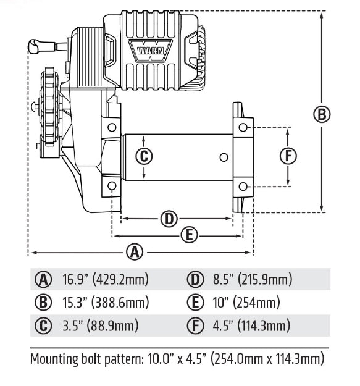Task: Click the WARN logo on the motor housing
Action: (x=143, y=48)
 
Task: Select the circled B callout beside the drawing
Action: (x=322, y=114)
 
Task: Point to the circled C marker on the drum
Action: (x=143, y=156)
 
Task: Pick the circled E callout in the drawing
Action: (x=190, y=234)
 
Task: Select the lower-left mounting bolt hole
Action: (x=111, y=186)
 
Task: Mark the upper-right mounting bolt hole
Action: (x=244, y=127)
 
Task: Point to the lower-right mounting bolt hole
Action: (x=244, y=186)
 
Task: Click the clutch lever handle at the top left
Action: (x=35, y=44)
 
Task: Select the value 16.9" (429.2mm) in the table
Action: (x=106, y=280)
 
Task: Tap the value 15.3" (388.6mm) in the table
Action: (x=106, y=303)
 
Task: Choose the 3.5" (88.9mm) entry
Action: (x=100, y=325)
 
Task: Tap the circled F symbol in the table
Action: (x=196, y=325)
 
